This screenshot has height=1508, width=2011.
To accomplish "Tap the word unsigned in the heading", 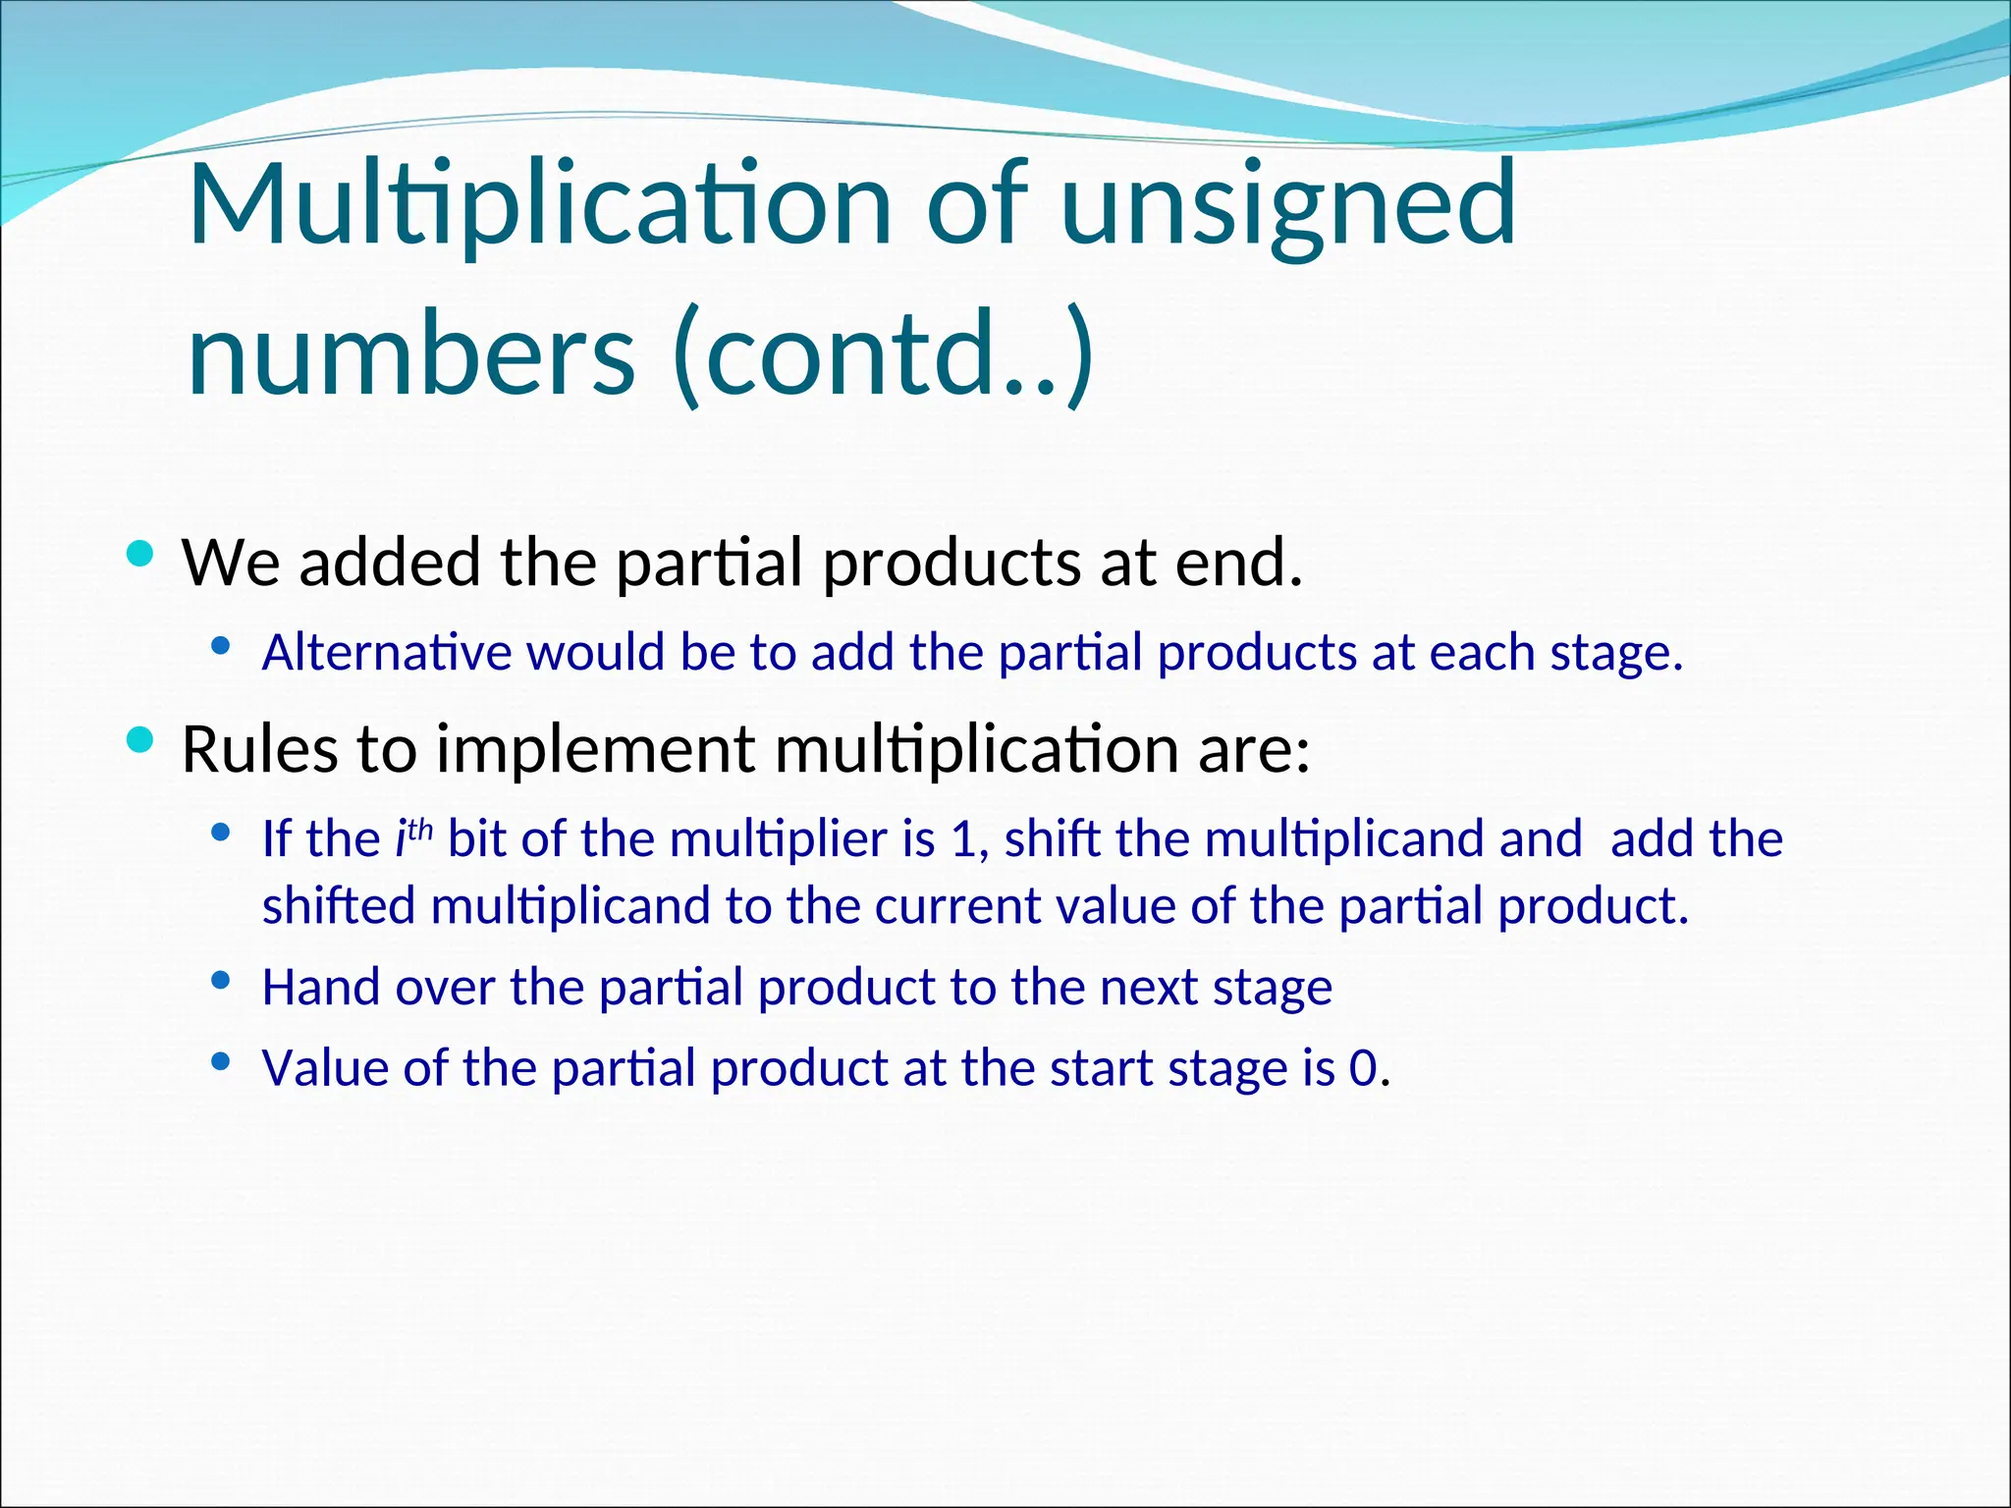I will (1288, 206).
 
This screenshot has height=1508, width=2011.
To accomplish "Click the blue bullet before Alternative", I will (221, 646).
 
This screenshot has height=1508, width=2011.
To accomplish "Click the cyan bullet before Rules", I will (141, 740).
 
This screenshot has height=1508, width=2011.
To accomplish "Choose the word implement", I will (595, 749).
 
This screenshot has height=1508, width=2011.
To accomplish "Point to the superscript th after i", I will (420, 831).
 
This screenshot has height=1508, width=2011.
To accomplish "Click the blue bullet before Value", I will (221, 1060).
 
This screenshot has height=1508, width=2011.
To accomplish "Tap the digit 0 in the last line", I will (1363, 1068).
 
